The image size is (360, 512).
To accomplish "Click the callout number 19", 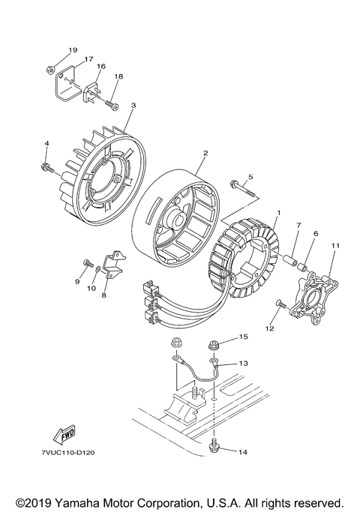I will point(73,50).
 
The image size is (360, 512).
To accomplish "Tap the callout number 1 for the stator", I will point(277,214).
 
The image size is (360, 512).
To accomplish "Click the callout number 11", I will point(335,245).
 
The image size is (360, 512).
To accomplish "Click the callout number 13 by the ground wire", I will point(242,363).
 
